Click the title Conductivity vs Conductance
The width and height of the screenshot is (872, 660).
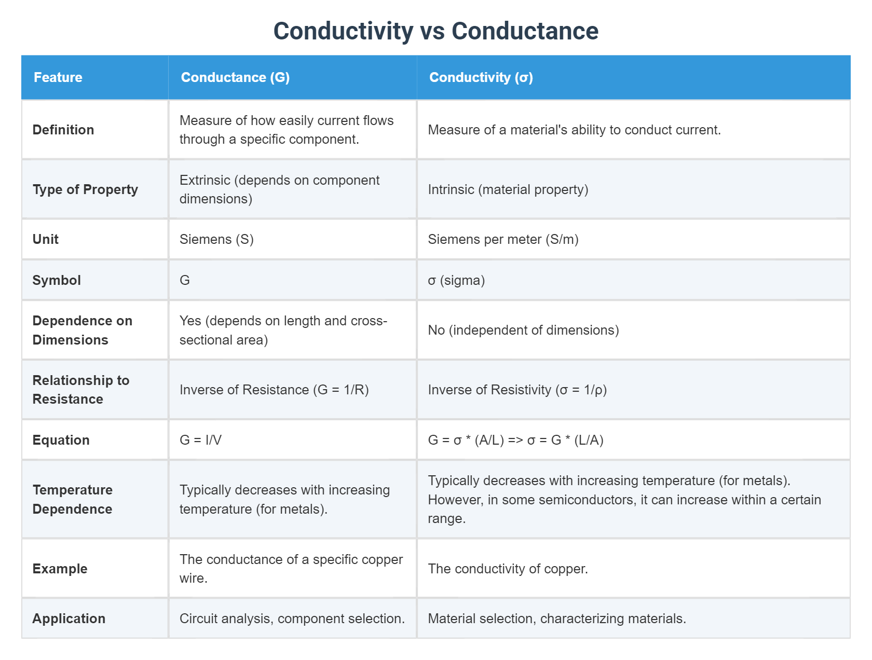(435, 31)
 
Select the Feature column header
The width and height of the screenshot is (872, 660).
(58, 77)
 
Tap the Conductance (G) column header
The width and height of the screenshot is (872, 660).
(235, 77)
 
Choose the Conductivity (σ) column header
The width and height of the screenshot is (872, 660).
(481, 77)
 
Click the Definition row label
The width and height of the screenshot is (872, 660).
(63, 130)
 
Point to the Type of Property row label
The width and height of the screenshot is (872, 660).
(85, 189)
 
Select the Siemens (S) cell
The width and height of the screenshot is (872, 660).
(216, 239)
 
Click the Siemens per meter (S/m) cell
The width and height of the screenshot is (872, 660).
(503, 239)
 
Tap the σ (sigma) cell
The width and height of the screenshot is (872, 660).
(456, 280)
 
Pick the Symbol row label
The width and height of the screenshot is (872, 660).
(57, 280)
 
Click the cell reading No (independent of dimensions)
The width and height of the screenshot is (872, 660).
(523, 330)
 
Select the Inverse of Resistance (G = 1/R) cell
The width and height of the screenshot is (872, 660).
(274, 390)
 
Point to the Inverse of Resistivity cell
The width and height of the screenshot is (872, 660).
(517, 390)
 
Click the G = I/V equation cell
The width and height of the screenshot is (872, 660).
(200, 440)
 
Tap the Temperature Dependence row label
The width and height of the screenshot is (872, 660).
(73, 499)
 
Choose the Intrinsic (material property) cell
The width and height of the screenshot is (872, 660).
(508, 189)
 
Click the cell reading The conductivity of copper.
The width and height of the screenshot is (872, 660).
(508, 569)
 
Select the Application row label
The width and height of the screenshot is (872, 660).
(69, 618)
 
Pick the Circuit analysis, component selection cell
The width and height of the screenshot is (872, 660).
(292, 618)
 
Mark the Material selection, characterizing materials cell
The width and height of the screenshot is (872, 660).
(556, 618)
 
